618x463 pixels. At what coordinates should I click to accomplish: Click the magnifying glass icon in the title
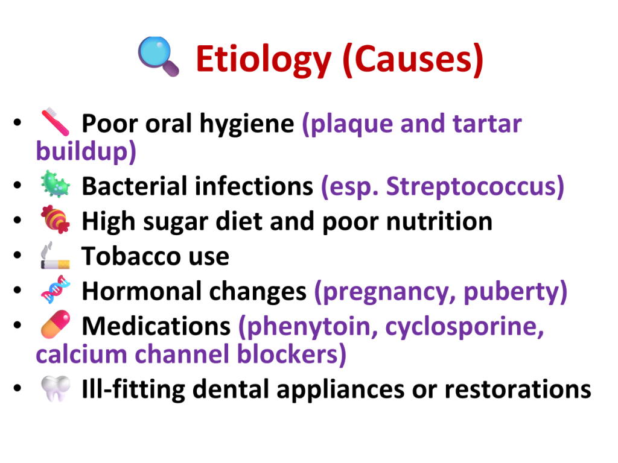pyautogui.click(x=159, y=56)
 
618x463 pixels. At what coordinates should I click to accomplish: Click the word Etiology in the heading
pyautogui.click(x=264, y=60)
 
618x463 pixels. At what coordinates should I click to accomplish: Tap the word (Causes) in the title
pyautogui.click(x=413, y=60)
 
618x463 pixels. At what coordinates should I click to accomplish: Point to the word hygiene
pyautogui.click(x=247, y=124)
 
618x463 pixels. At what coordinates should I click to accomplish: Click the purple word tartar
pyautogui.click(x=487, y=124)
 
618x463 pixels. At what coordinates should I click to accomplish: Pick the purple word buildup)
pyautogui.click(x=86, y=151)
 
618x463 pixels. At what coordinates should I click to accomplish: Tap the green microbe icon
pyautogui.click(x=56, y=184)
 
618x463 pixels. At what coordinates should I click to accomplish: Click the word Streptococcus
pyautogui.click(x=475, y=186)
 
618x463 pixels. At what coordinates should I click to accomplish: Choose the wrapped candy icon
pyautogui.click(x=56, y=219)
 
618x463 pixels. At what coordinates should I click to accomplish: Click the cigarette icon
pyautogui.click(x=55, y=255)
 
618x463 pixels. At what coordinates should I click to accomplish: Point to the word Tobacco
pyautogui.click(x=131, y=256)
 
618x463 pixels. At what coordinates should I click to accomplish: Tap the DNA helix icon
pyautogui.click(x=56, y=289)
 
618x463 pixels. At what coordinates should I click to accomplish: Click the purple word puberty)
pyautogui.click(x=515, y=292)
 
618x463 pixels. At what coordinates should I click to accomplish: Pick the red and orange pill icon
pyautogui.click(x=56, y=324)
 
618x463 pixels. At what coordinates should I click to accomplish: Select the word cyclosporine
pyautogui.click(x=465, y=327)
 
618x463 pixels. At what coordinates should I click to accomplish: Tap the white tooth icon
pyautogui.click(x=56, y=389)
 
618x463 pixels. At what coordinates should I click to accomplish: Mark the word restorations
pyautogui.click(x=518, y=389)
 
